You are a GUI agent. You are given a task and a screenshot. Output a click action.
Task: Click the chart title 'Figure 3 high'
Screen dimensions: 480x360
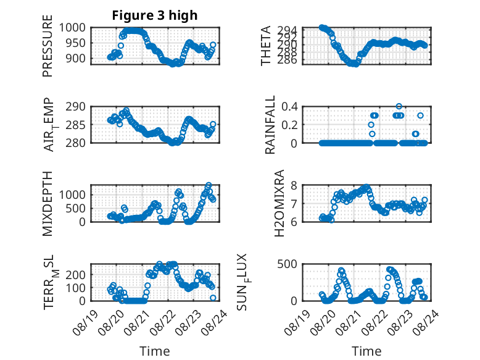155,15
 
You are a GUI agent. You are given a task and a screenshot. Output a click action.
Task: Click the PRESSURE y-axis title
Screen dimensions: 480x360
48,46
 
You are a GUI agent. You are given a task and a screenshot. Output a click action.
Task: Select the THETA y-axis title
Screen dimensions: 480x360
266,46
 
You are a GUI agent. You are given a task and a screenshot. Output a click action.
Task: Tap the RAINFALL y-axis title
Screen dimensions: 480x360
270,125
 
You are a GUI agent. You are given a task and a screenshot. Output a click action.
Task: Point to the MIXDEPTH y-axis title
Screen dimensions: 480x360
48,203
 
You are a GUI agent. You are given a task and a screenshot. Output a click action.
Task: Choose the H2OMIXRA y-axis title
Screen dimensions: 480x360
279,203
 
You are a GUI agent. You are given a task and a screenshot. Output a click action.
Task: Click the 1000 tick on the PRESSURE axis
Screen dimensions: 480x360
72,28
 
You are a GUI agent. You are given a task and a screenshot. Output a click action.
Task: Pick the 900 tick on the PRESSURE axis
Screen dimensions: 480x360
76,58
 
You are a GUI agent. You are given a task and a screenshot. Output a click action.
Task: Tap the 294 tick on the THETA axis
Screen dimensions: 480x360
287,30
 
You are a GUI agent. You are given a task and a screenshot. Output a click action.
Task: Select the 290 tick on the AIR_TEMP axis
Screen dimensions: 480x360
76,107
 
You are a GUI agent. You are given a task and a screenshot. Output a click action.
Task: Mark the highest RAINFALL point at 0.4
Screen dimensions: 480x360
399,106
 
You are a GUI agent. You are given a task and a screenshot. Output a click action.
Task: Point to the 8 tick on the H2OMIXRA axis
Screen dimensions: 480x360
294,185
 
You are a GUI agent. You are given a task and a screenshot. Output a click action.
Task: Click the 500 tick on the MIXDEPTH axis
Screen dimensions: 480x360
76,208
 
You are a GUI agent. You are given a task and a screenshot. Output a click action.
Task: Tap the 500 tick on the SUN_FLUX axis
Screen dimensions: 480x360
287,264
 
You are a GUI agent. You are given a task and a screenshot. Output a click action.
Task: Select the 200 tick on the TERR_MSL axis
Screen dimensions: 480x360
76,275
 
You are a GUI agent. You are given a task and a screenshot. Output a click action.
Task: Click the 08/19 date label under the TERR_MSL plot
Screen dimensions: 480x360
85,323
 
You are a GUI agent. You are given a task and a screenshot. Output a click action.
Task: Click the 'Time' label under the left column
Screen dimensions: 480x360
155,351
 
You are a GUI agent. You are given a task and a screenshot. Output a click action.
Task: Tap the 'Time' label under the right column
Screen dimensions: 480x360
366,351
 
